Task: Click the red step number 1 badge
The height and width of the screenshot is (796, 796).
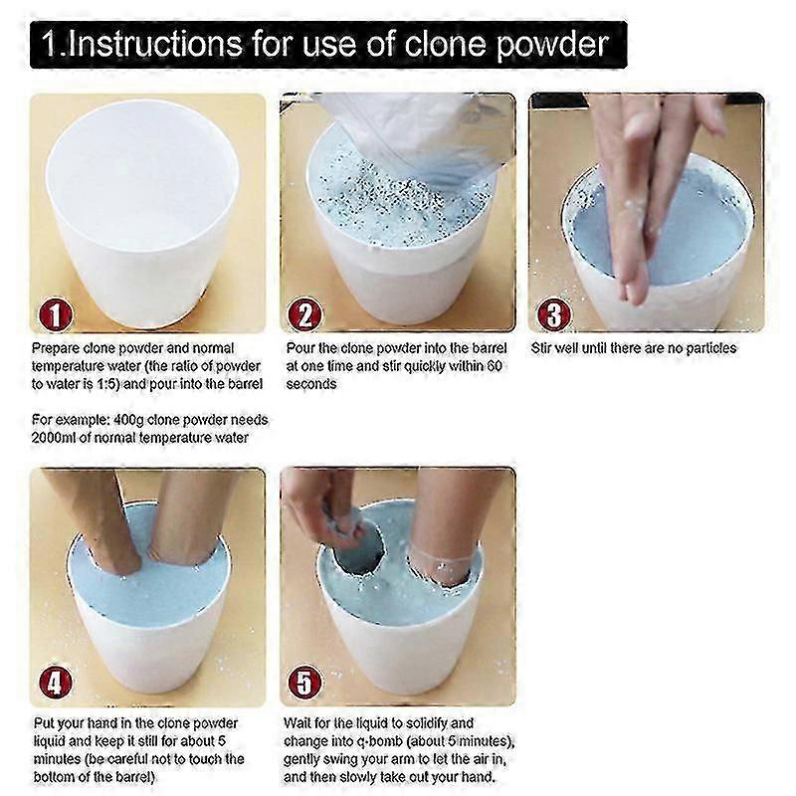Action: coord(56,314)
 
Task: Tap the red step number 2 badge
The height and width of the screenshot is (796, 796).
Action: coord(304,314)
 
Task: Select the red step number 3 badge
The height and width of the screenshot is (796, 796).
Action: coord(554,314)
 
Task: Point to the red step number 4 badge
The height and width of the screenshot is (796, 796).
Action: coord(56,683)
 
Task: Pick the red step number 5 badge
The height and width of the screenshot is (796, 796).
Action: coord(304,683)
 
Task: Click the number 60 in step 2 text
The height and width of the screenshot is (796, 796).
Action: coord(495,366)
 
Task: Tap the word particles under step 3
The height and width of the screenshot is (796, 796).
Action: coord(710,349)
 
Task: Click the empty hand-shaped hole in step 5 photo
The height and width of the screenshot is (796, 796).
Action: coord(358,553)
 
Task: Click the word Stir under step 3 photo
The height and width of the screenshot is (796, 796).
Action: coord(541,348)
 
